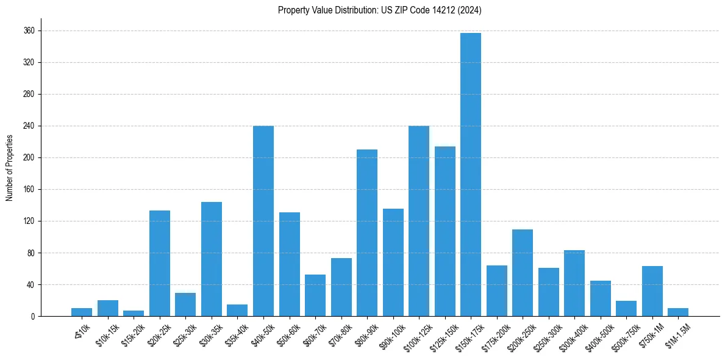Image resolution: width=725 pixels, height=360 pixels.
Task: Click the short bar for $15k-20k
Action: tap(134, 313)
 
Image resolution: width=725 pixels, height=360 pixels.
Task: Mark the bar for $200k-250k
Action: tap(523, 273)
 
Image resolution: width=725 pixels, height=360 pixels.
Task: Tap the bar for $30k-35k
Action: tap(212, 259)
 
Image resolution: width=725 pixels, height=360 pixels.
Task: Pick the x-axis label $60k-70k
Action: tap(313, 334)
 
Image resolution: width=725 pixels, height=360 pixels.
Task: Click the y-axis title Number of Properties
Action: tap(9, 168)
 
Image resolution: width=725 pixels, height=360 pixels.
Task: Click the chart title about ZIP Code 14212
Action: tap(380, 10)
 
